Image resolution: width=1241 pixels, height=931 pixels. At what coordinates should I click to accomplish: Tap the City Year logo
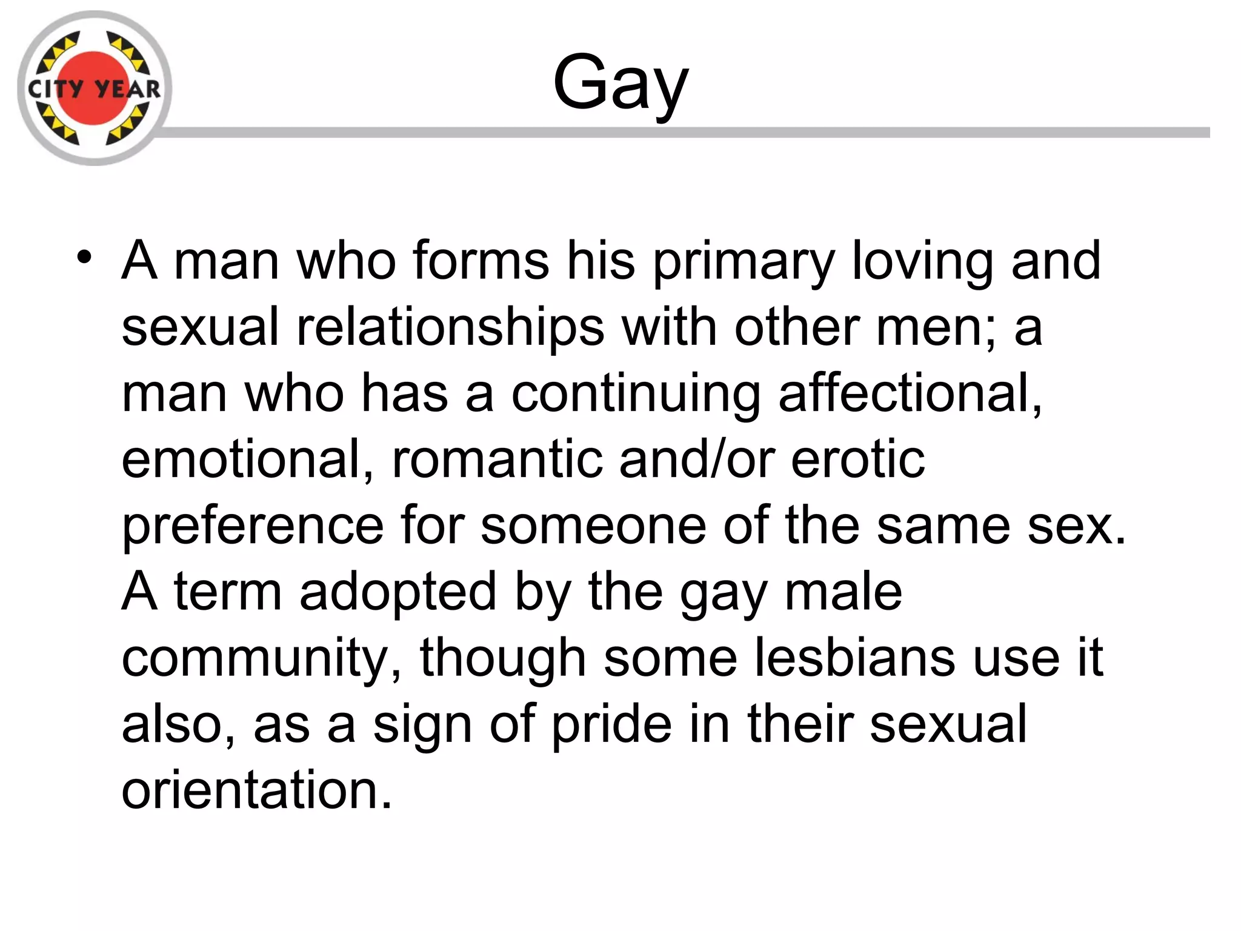click(x=95, y=88)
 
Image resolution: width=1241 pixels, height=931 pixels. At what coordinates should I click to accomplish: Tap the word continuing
click(x=636, y=394)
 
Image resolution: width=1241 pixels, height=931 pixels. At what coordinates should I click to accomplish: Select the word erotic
click(x=858, y=459)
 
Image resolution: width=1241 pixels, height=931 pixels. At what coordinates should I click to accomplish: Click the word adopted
click(x=398, y=592)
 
